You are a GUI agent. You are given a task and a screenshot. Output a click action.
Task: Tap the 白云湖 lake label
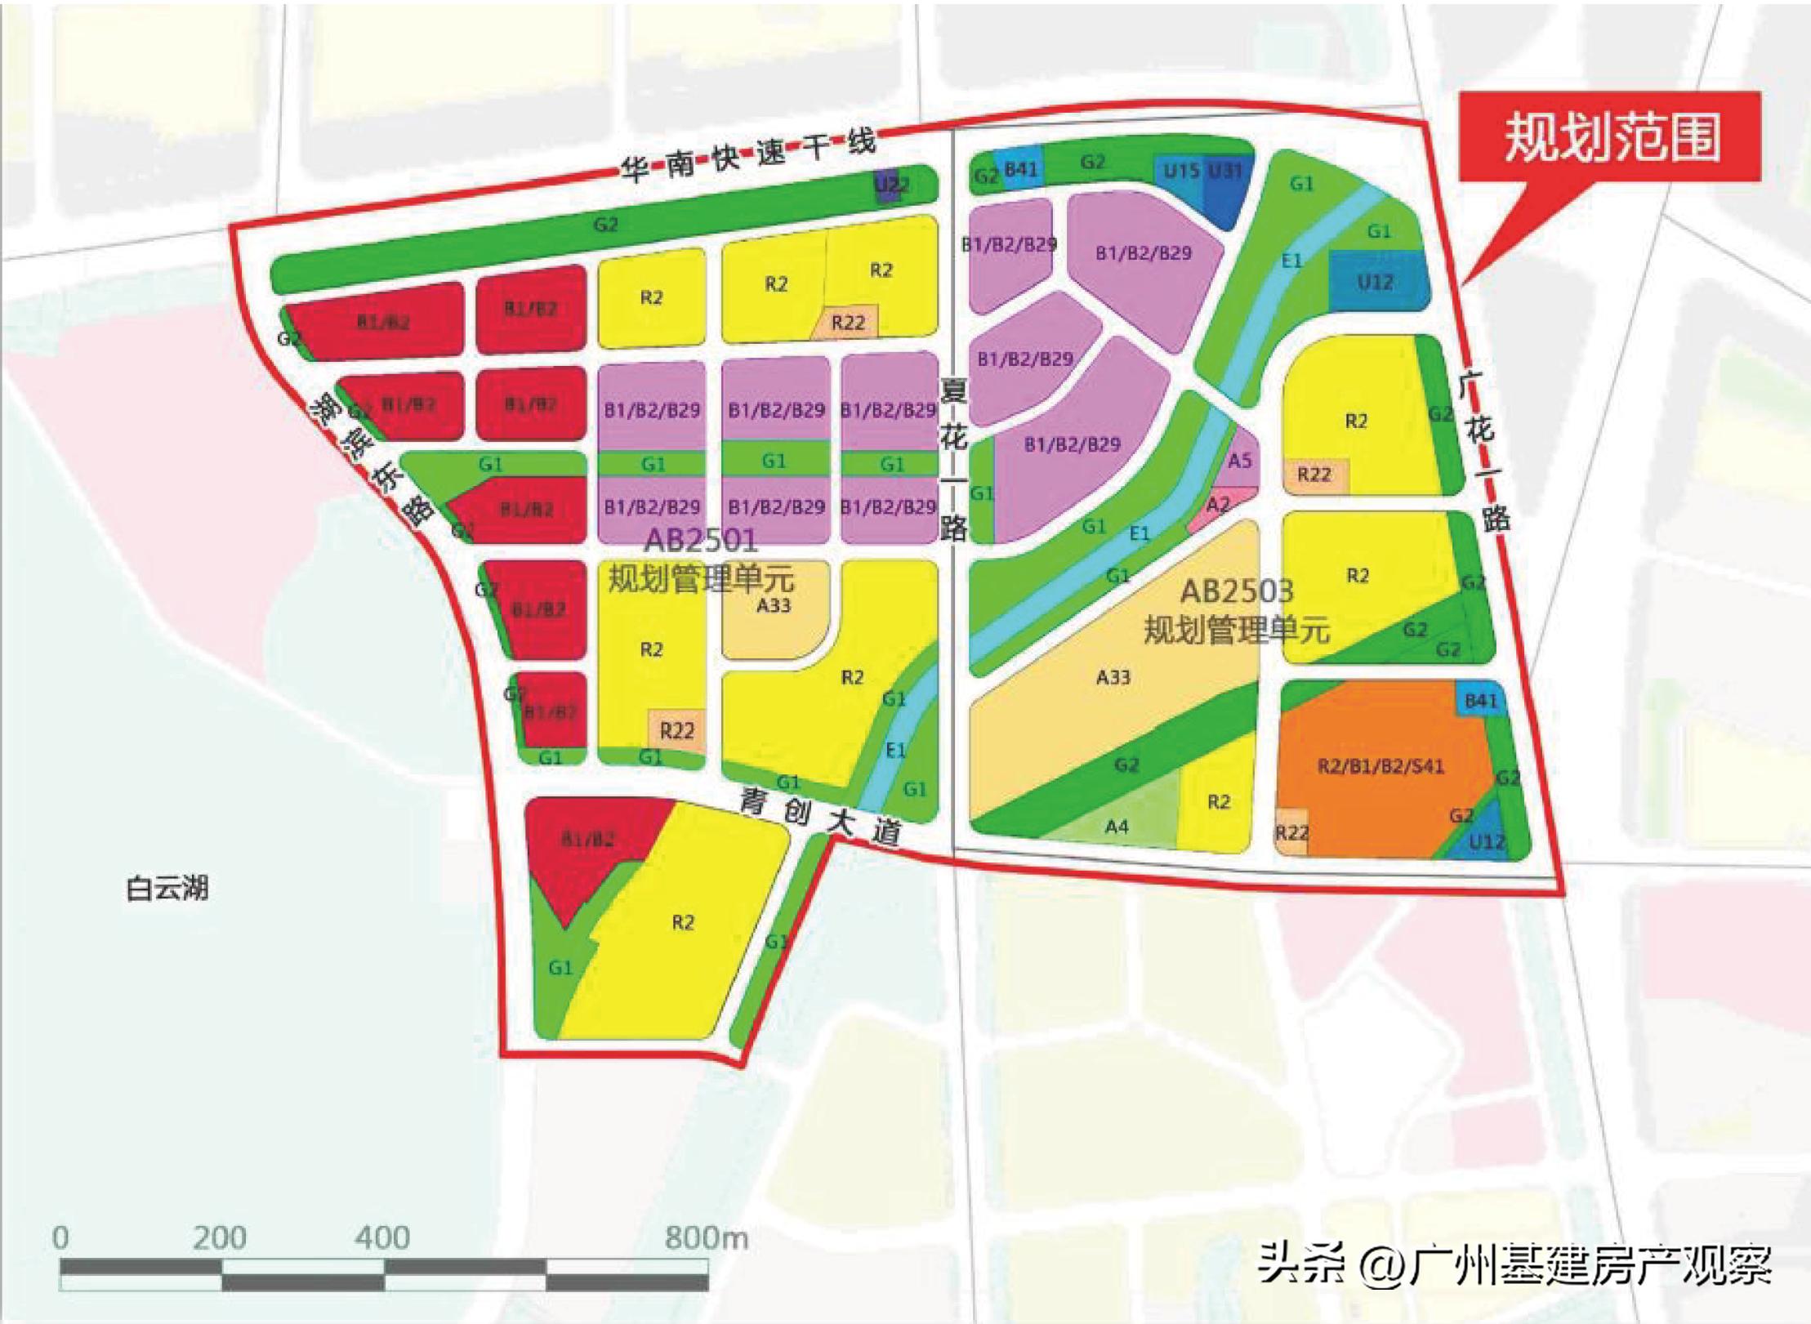pyautogui.click(x=167, y=888)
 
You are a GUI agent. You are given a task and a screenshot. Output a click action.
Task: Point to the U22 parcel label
pyautogui.click(x=891, y=185)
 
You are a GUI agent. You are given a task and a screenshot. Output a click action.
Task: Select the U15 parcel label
pyautogui.click(x=1180, y=172)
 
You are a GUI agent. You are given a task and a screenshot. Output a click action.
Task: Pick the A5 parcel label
pyautogui.click(x=1239, y=461)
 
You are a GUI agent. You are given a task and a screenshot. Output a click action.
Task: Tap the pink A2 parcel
pyautogui.click(x=1218, y=506)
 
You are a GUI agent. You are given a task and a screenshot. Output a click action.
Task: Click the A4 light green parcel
pyautogui.click(x=1117, y=827)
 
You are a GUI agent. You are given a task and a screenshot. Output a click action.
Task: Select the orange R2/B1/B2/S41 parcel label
pyautogui.click(x=1381, y=766)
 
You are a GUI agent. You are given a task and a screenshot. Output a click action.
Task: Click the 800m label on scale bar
pyautogui.click(x=706, y=1238)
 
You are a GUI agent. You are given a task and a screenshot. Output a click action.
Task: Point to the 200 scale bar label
pyautogui.click(x=219, y=1238)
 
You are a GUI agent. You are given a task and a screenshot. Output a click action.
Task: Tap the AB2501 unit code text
pyautogui.click(x=701, y=540)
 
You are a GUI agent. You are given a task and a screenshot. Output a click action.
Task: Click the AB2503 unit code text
pyautogui.click(x=1236, y=591)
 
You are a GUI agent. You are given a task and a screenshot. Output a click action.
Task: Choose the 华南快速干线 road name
pyautogui.click(x=747, y=155)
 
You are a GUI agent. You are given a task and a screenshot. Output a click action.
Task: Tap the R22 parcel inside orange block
pyautogui.click(x=1291, y=832)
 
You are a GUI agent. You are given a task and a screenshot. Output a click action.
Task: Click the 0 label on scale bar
pyautogui.click(x=60, y=1238)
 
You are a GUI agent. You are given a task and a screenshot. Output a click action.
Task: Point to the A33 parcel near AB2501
pyautogui.click(x=773, y=606)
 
